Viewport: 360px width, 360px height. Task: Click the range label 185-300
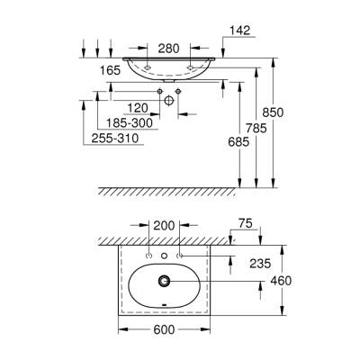[x=130, y=121]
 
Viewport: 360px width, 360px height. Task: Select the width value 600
[x=164, y=330]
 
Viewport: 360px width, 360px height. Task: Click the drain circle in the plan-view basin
[x=164, y=282]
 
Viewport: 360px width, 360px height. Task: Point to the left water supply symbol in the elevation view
[x=159, y=93]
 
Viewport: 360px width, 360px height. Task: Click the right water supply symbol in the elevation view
[x=178, y=93]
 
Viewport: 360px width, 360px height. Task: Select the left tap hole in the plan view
[x=148, y=257]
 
